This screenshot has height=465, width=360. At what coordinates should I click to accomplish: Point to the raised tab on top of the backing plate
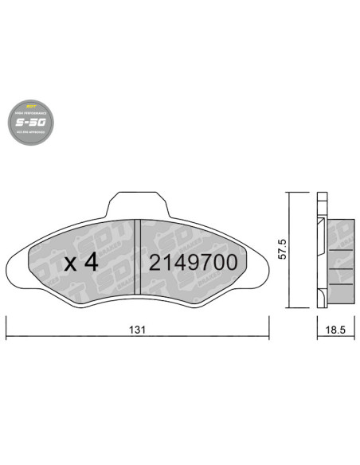[x=139, y=203]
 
